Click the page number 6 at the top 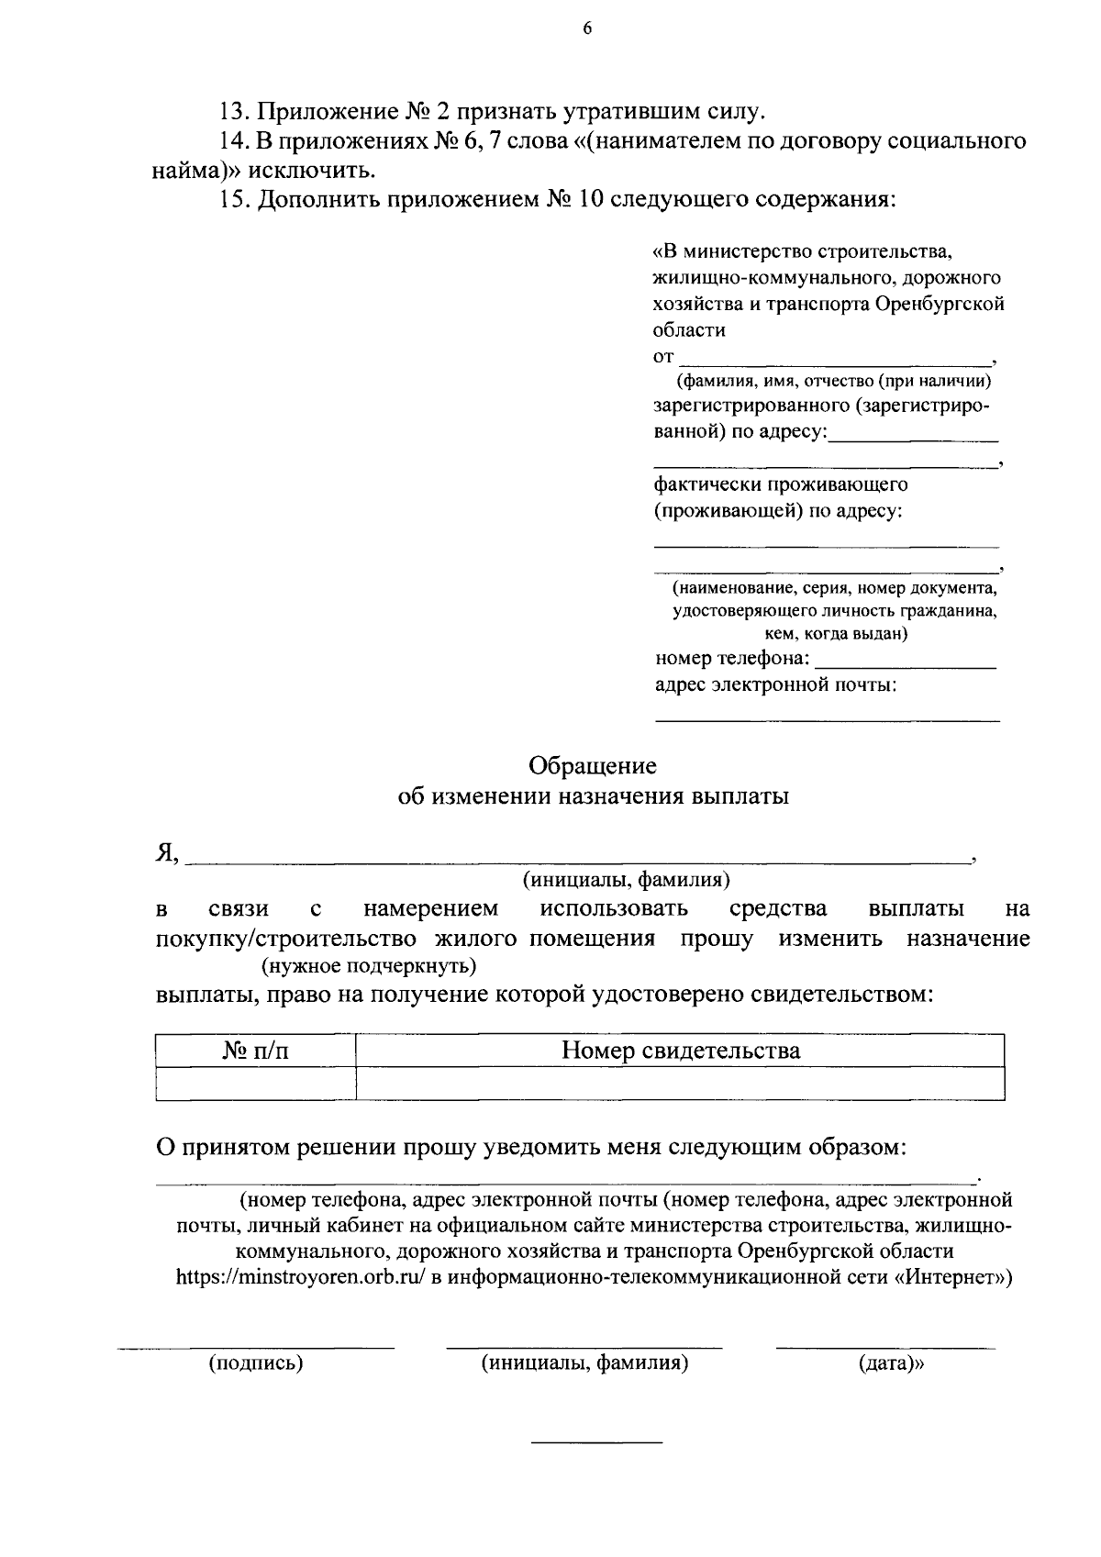point(587,28)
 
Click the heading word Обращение point(593,764)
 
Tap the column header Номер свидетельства point(680,1051)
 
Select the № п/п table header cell point(255,1051)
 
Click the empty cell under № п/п point(255,1084)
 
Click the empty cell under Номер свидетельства point(680,1084)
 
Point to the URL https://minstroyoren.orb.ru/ point(301,1277)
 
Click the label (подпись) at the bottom point(256,1363)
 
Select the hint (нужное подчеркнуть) point(369,965)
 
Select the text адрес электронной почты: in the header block point(775,684)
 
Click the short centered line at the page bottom point(597,1444)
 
